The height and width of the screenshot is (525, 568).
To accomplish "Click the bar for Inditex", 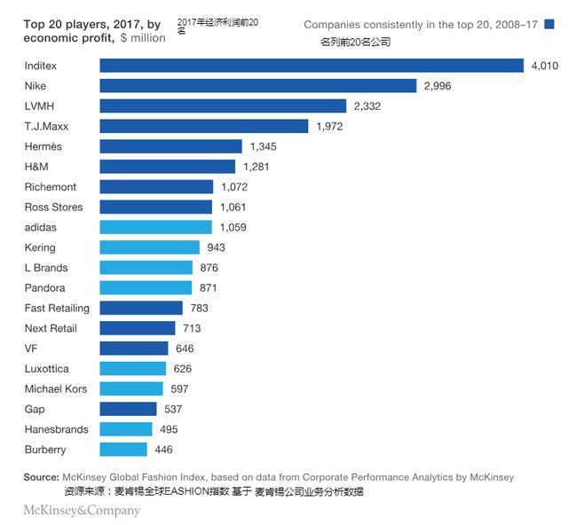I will pyautogui.click(x=312, y=66).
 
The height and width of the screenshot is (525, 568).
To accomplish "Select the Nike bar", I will pyautogui.click(x=258, y=86).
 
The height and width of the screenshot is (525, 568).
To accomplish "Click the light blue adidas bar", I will pyautogui.click(x=156, y=227).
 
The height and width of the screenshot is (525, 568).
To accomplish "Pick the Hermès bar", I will pyautogui.click(x=171, y=146).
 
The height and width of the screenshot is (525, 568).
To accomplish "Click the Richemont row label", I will pyautogui.click(x=51, y=187).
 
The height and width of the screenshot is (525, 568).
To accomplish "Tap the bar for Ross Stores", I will pyautogui.click(x=156, y=207).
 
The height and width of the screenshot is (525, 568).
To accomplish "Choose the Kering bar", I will pyautogui.click(x=150, y=247).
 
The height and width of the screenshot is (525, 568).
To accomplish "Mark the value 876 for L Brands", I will pyautogui.click(x=209, y=268).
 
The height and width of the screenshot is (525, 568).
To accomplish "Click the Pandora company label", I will pyautogui.click(x=45, y=288).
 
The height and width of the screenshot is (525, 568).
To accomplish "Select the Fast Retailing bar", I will pyautogui.click(x=141, y=308).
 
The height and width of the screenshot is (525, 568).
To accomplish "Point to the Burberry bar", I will pyautogui.click(x=123, y=450).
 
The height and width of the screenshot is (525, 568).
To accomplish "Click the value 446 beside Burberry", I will pyautogui.click(x=164, y=450).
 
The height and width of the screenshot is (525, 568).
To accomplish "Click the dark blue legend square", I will pyautogui.click(x=549, y=25).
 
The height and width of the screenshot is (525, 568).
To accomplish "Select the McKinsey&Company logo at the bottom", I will pyautogui.click(x=82, y=510).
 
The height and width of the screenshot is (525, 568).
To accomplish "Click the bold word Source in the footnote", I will pyautogui.click(x=41, y=478).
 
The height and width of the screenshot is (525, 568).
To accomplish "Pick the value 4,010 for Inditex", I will pyautogui.click(x=544, y=66).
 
